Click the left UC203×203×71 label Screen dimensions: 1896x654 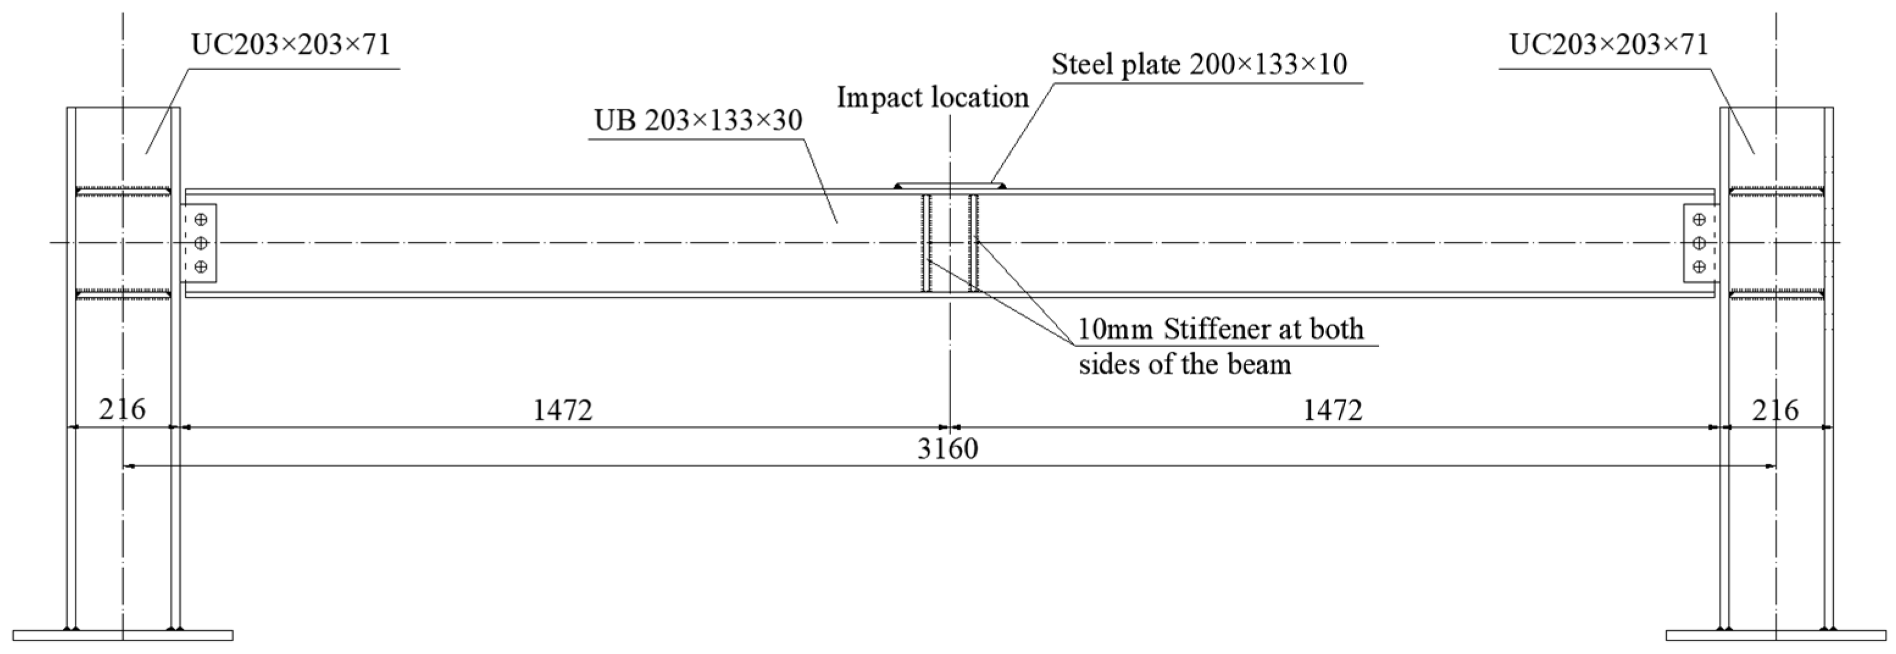pos(291,45)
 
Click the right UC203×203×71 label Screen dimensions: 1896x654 pos(1608,45)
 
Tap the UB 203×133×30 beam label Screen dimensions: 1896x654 pos(698,120)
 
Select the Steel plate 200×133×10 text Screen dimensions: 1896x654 pos(1199,65)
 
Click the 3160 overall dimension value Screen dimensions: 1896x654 pos(947,448)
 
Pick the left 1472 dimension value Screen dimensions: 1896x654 pos(562,410)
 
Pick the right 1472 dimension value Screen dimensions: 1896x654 pos(1332,410)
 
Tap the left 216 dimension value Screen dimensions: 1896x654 pos(122,409)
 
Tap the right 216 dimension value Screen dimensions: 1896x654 pos(1775,409)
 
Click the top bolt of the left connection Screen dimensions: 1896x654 pos(200,220)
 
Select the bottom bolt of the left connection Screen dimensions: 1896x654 pos(200,266)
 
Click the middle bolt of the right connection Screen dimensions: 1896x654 pos(1698,242)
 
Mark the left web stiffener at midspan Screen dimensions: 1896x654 pos(927,243)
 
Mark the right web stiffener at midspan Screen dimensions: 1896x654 pos(974,243)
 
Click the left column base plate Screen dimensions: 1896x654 pos(123,635)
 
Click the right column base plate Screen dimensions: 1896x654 pos(1775,635)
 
